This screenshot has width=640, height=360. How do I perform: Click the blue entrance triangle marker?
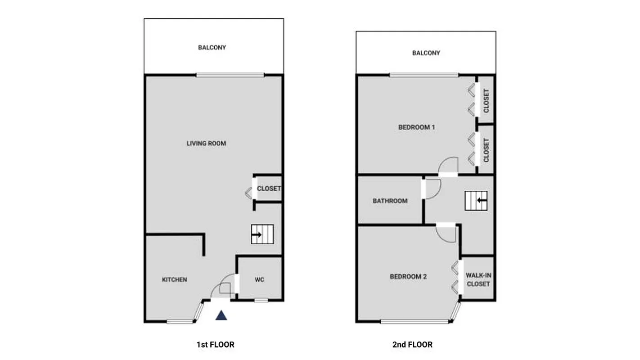click(x=221, y=315)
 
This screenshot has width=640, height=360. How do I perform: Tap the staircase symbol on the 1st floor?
click(x=262, y=234)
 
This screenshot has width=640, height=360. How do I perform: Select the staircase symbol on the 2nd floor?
click(x=476, y=200)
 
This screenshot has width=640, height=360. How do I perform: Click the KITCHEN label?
click(x=174, y=279)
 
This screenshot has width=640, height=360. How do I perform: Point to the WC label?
click(x=259, y=279)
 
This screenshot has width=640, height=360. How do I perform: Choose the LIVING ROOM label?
click(x=206, y=144)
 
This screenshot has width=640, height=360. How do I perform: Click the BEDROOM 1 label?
click(x=416, y=127)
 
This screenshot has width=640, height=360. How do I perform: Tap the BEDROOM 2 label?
click(x=408, y=277)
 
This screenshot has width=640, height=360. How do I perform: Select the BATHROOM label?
click(x=390, y=201)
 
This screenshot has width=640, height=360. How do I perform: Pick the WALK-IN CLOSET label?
click(x=478, y=279)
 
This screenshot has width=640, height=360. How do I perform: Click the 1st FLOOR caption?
click(x=215, y=345)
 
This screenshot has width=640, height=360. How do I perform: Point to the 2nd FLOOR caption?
click(x=412, y=345)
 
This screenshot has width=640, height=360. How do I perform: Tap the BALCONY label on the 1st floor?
click(x=212, y=47)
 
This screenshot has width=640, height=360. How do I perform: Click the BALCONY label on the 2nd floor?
click(x=426, y=53)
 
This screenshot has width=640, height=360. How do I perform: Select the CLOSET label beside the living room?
click(x=269, y=189)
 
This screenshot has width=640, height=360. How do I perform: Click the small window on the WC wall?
click(x=261, y=300)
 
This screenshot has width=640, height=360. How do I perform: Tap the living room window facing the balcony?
click(x=230, y=75)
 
